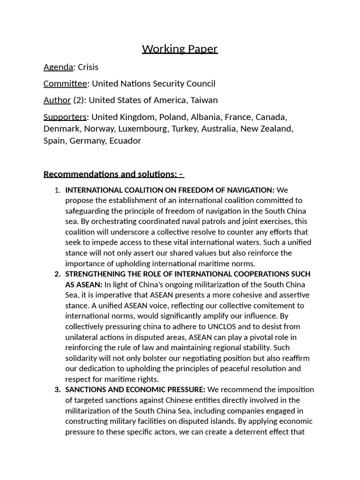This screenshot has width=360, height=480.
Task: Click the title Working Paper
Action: [180, 49]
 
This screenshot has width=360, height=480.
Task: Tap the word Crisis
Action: [88, 67]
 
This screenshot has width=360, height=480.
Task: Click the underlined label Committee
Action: [65, 84]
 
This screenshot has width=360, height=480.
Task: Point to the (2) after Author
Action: [79, 100]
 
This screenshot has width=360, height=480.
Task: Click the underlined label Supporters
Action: [65, 117]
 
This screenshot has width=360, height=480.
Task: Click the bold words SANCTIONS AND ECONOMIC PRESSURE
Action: [135, 390]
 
